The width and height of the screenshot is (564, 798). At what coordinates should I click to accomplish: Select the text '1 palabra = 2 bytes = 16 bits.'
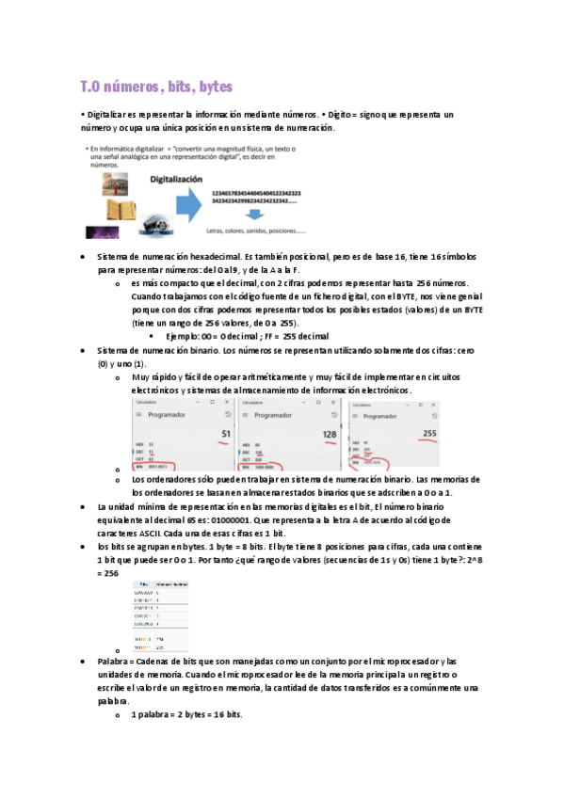(x=186, y=715)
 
